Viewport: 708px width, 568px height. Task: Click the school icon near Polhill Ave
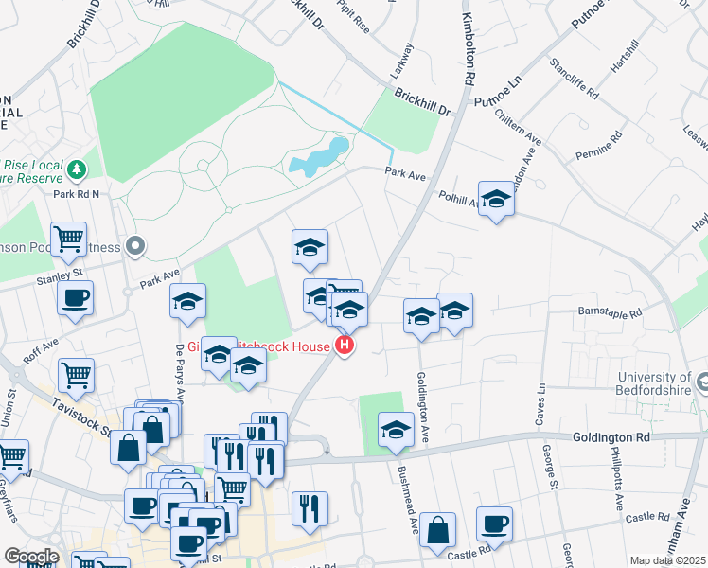pos(495,199)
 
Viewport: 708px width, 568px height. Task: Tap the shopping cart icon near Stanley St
pos(69,240)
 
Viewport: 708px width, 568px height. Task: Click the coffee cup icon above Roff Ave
pos(75,298)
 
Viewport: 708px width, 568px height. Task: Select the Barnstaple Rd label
pos(611,311)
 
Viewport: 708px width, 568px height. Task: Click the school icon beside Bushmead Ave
pos(396,430)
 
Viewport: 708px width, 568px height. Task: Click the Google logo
pos(31,556)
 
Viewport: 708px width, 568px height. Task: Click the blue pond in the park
pos(319,159)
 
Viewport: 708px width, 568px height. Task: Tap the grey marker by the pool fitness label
pos(135,247)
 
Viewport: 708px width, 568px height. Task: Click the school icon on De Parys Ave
pos(187,301)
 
